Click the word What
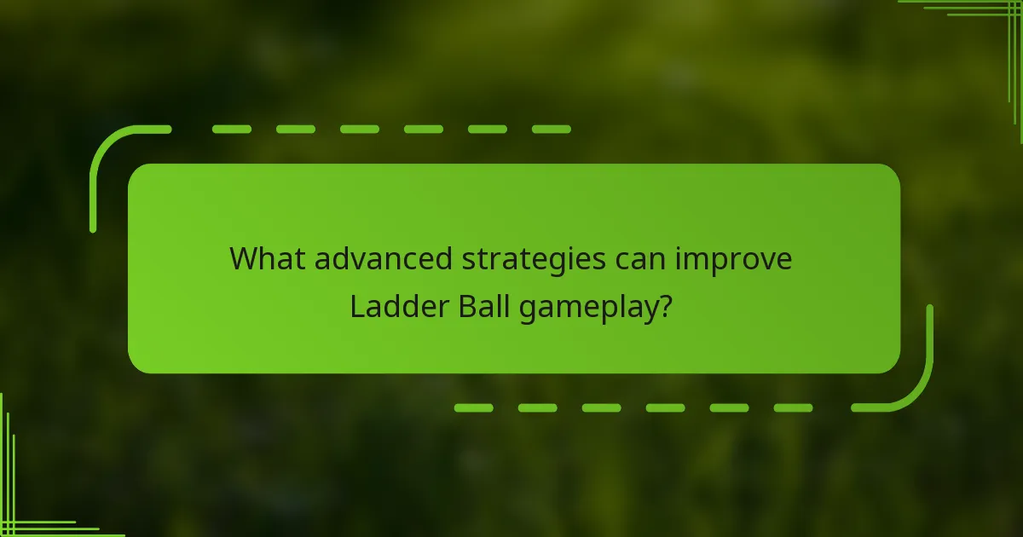[x=267, y=259]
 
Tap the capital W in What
[x=244, y=259]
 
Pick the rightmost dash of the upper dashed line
[x=551, y=130]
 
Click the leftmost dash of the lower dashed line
[x=473, y=407]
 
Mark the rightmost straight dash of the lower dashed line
[x=793, y=407]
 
